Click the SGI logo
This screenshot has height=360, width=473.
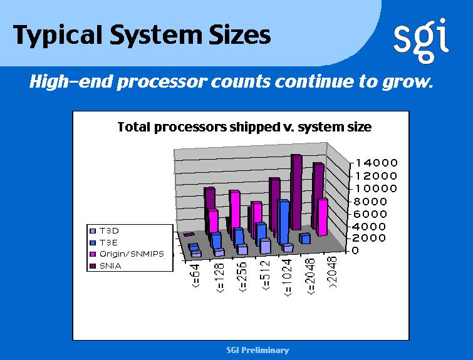(421, 41)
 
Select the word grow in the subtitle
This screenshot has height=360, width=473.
(407, 82)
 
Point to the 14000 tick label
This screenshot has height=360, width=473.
(377, 163)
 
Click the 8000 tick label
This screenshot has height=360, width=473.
(370, 202)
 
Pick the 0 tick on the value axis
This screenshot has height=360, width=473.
(355, 250)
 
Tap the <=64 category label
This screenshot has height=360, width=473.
(195, 275)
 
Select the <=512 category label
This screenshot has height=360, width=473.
(266, 275)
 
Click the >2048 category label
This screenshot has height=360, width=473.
(333, 272)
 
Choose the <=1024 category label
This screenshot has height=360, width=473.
(288, 277)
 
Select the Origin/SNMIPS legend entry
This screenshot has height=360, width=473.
(127, 254)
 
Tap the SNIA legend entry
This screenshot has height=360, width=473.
(106, 266)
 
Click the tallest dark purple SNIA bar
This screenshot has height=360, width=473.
(296, 192)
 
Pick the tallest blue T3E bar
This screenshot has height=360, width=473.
(284, 222)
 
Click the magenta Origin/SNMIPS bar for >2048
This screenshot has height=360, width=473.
(323, 217)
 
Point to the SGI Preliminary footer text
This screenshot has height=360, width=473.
(257, 350)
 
